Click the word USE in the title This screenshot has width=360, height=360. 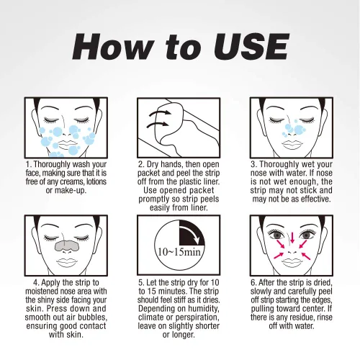[251, 46]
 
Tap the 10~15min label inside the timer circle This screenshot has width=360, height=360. [179, 252]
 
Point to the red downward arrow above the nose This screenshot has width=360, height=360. [292, 238]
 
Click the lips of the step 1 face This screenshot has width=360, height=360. [67, 144]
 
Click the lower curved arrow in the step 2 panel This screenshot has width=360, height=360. [157, 125]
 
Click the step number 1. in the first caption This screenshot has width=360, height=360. [29, 165]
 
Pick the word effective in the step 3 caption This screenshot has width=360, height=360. [316, 199]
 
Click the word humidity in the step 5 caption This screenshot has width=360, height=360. [204, 309]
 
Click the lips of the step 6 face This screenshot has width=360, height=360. [292, 261]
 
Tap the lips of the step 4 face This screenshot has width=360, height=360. [66, 261]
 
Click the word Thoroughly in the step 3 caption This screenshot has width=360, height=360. [276, 165]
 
